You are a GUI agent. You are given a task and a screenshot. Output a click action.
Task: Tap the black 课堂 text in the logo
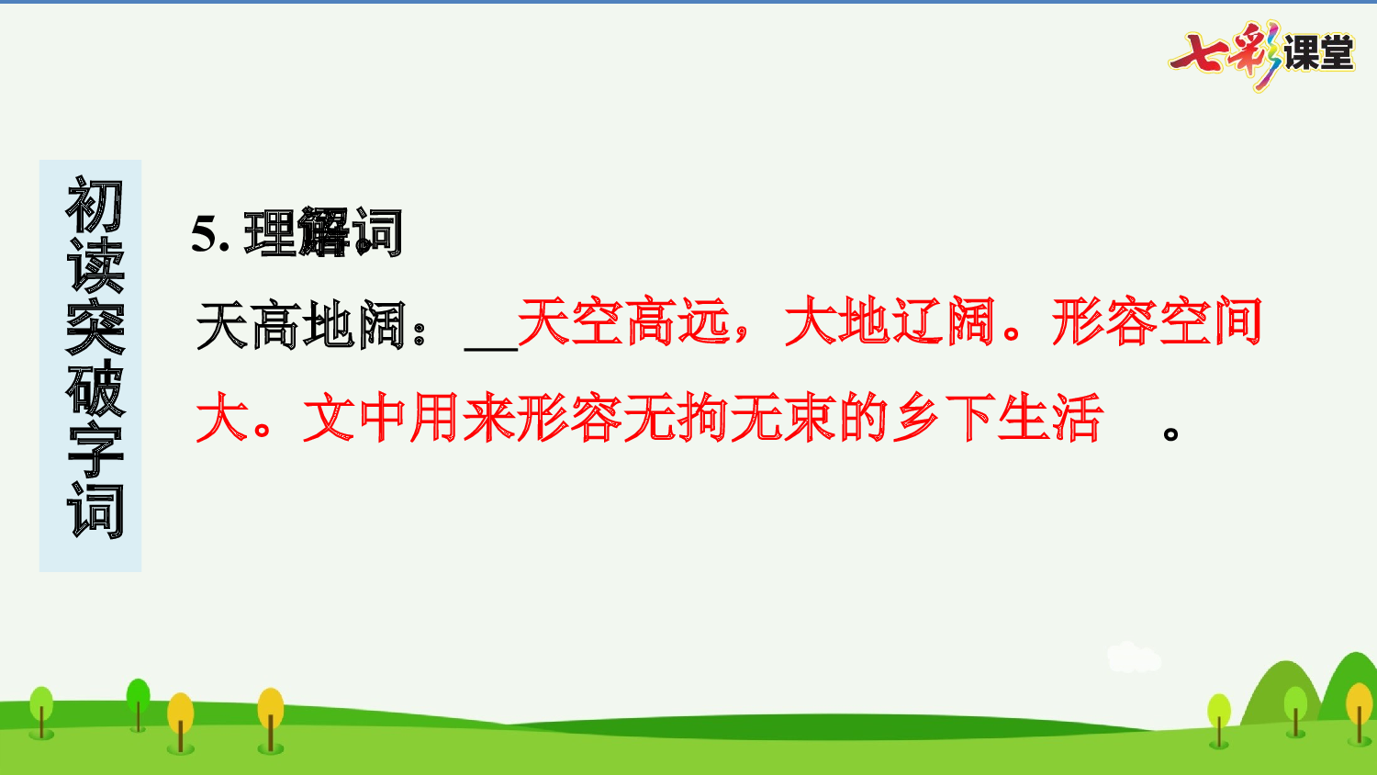click(1318, 53)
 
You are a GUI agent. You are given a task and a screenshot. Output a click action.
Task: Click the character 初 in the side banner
click(94, 207)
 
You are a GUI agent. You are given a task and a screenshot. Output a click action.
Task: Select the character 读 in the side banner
click(94, 266)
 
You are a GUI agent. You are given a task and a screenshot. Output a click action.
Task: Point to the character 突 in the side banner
click(94, 327)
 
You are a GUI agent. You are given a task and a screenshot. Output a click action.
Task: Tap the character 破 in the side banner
click(94, 388)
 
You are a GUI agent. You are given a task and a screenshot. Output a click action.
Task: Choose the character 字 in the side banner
click(94, 450)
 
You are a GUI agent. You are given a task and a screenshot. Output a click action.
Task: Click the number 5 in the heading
click(203, 234)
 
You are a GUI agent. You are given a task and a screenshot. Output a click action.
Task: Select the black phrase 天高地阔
click(300, 324)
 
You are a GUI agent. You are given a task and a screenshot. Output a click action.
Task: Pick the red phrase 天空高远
click(623, 322)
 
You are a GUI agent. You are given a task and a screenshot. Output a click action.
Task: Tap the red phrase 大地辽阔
click(890, 322)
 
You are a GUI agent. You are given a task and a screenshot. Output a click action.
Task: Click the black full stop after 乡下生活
click(1170, 432)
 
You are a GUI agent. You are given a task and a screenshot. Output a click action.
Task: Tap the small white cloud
click(1134, 657)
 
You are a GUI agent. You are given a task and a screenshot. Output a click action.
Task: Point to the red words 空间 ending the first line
click(1211, 322)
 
